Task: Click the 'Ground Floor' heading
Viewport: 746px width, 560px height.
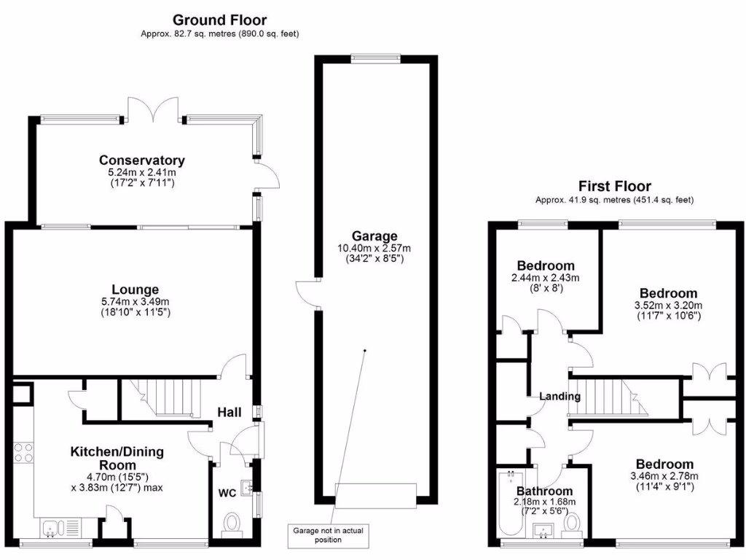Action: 219,20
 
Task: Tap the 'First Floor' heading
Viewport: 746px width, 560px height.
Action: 614,187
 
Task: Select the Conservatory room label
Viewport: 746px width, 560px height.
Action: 142,160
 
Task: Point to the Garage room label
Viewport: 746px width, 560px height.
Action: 374,236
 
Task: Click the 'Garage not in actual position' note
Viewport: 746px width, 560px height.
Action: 328,534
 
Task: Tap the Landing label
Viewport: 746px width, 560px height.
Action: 559,397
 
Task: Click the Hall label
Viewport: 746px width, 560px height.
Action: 229,413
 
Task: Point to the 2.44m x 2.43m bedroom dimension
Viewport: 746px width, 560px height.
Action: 546,278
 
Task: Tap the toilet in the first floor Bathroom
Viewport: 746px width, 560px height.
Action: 573,521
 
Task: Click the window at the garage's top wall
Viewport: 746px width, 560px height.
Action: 375,56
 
